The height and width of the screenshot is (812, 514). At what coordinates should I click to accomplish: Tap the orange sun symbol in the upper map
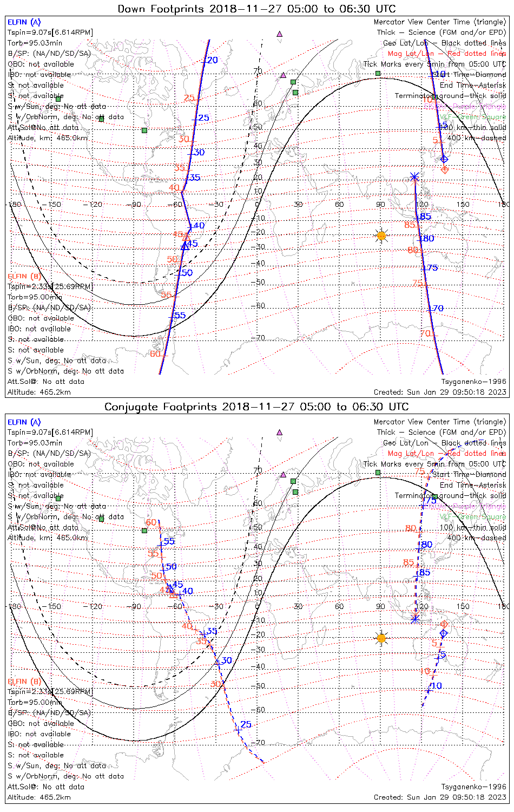point(381,235)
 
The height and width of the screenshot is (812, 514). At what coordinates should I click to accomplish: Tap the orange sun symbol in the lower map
point(381,638)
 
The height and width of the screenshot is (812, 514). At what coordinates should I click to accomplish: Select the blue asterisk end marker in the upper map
point(414,176)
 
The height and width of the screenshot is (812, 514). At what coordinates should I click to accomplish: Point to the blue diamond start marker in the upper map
point(444,159)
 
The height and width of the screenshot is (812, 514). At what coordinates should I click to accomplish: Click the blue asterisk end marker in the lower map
point(415,618)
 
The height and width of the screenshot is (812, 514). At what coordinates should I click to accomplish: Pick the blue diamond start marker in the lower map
point(444,633)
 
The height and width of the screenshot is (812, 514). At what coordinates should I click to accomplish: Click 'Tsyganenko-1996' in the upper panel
point(473,382)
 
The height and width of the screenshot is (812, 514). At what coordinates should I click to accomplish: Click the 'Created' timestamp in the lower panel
point(440,797)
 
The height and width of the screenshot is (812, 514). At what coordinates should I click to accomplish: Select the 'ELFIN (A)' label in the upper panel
point(24,22)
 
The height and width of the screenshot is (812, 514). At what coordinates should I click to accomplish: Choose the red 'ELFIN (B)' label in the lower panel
point(24,681)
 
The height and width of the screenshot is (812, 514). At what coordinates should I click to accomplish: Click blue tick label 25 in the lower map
point(246,724)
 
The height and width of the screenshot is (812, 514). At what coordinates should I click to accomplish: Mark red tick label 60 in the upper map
point(155,354)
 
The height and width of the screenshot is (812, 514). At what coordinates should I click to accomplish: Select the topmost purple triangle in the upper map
point(279,34)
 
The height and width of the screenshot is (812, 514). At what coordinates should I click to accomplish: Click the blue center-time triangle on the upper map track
point(185,245)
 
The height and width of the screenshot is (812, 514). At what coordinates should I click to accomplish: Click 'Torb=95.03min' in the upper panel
point(35,43)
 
